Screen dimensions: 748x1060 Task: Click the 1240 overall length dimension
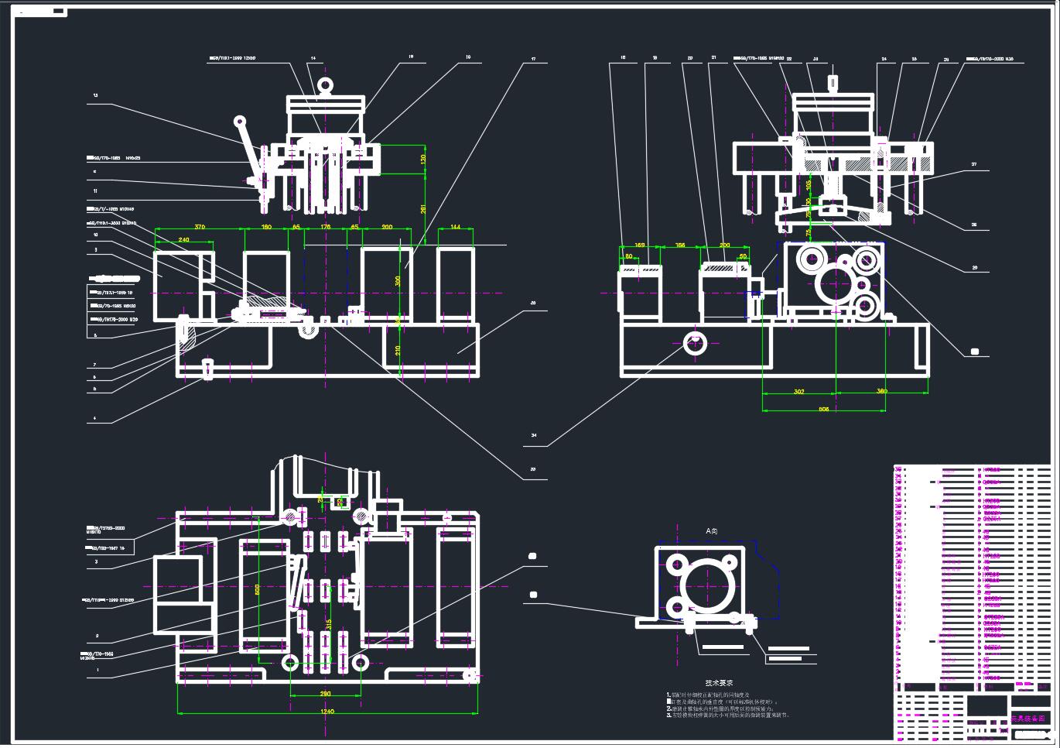tap(327, 711)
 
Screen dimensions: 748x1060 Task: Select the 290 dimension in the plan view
tap(325, 693)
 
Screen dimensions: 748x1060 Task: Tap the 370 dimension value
tap(200, 227)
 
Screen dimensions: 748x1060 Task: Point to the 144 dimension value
tap(455, 227)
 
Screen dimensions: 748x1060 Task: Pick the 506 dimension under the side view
tap(823, 409)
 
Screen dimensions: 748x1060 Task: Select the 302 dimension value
tap(798, 392)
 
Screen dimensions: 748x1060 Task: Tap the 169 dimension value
tap(640, 245)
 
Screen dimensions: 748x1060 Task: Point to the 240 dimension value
tap(184, 240)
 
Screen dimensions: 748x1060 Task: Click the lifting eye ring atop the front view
tap(325, 84)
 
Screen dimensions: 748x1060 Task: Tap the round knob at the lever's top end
tap(241, 121)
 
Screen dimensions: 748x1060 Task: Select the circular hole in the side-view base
tap(695, 343)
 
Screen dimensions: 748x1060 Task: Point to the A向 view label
tap(712, 531)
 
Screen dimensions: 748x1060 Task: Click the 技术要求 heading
tap(719, 683)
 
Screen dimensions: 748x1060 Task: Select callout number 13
tap(95, 96)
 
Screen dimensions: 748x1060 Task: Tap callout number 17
tap(533, 59)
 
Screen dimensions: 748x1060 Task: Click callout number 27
tap(974, 164)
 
